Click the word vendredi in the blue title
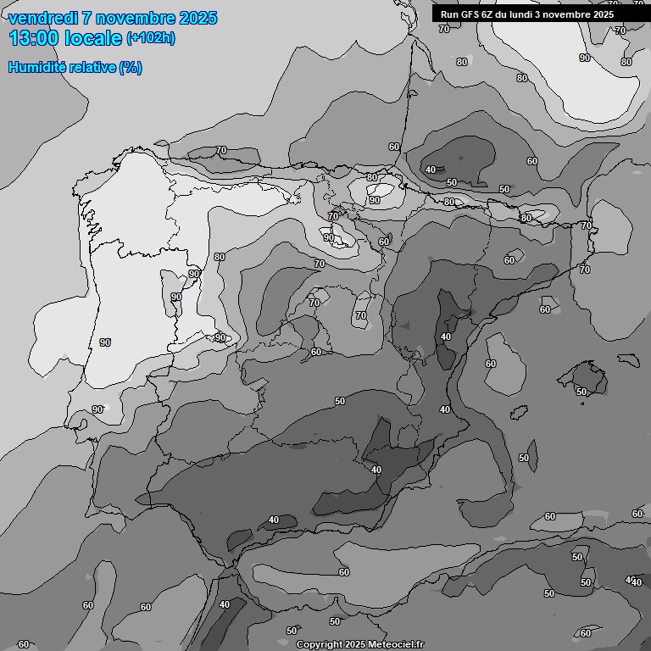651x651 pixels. [43, 18]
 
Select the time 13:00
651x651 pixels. [34, 38]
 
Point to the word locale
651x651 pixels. [94, 38]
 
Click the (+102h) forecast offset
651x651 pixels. [151, 38]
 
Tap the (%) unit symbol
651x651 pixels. [131, 67]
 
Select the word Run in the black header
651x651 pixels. [450, 14]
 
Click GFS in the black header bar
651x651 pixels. [471, 14]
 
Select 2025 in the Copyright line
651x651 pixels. [355, 645]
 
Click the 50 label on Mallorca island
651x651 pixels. [581, 392]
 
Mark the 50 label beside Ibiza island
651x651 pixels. [524, 458]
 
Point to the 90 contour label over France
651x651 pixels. [585, 58]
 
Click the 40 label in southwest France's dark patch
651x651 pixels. [431, 170]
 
